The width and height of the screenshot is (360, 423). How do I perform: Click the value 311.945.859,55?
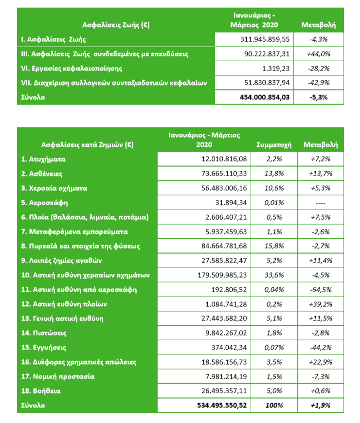265,39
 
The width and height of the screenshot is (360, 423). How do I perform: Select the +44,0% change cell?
319,54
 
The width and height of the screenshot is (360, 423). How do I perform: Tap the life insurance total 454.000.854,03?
265,97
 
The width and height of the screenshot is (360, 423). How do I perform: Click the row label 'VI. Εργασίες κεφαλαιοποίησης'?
72,69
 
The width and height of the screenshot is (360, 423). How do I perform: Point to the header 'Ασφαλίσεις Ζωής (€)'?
116,25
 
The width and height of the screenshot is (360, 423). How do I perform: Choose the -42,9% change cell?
319,83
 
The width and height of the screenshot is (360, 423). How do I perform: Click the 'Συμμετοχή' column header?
274,145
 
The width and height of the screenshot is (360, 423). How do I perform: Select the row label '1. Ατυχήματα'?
43,159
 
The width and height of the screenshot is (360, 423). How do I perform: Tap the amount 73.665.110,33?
224,174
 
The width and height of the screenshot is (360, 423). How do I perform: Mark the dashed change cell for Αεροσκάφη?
321,203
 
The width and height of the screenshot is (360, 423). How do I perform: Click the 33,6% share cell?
274,275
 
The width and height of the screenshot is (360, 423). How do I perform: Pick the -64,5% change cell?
321,290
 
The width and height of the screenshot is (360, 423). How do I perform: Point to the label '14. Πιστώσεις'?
44,333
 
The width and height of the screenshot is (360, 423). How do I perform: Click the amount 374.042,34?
229,348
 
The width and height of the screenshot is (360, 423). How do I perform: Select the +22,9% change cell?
321,362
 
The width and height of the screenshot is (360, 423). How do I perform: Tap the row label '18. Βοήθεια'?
41,391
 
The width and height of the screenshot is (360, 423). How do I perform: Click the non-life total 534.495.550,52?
222,405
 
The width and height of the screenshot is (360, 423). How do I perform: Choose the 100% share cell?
274,405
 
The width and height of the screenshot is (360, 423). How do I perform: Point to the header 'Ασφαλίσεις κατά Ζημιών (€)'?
87,145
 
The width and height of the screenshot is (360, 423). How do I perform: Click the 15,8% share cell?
274,246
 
